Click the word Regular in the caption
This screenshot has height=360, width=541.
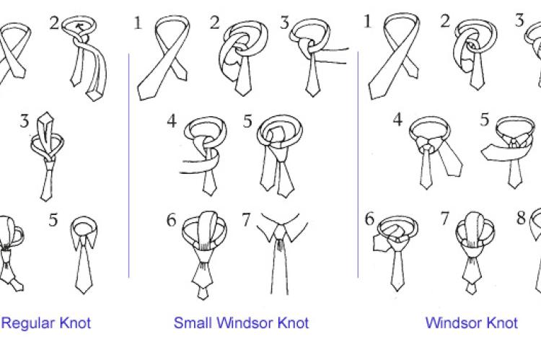[x=28, y=323]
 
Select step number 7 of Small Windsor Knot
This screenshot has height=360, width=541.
[x=246, y=219]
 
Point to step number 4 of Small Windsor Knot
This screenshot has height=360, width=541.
[x=172, y=121]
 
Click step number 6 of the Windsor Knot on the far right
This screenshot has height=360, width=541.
[x=369, y=219]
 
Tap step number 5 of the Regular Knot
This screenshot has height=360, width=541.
[x=53, y=220]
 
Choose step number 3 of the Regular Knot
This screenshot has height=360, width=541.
[x=24, y=121]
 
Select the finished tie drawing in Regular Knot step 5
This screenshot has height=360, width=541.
[x=84, y=255]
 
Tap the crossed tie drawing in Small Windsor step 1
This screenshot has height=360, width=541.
[x=164, y=57]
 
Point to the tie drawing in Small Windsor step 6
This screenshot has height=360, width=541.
[x=204, y=255]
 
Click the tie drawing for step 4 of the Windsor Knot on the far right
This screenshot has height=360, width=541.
[x=436, y=152]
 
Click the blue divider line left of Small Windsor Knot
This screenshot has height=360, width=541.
[x=128, y=165]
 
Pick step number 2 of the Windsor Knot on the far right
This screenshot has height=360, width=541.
[x=445, y=22]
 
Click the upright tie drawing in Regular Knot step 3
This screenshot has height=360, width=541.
[x=48, y=156]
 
